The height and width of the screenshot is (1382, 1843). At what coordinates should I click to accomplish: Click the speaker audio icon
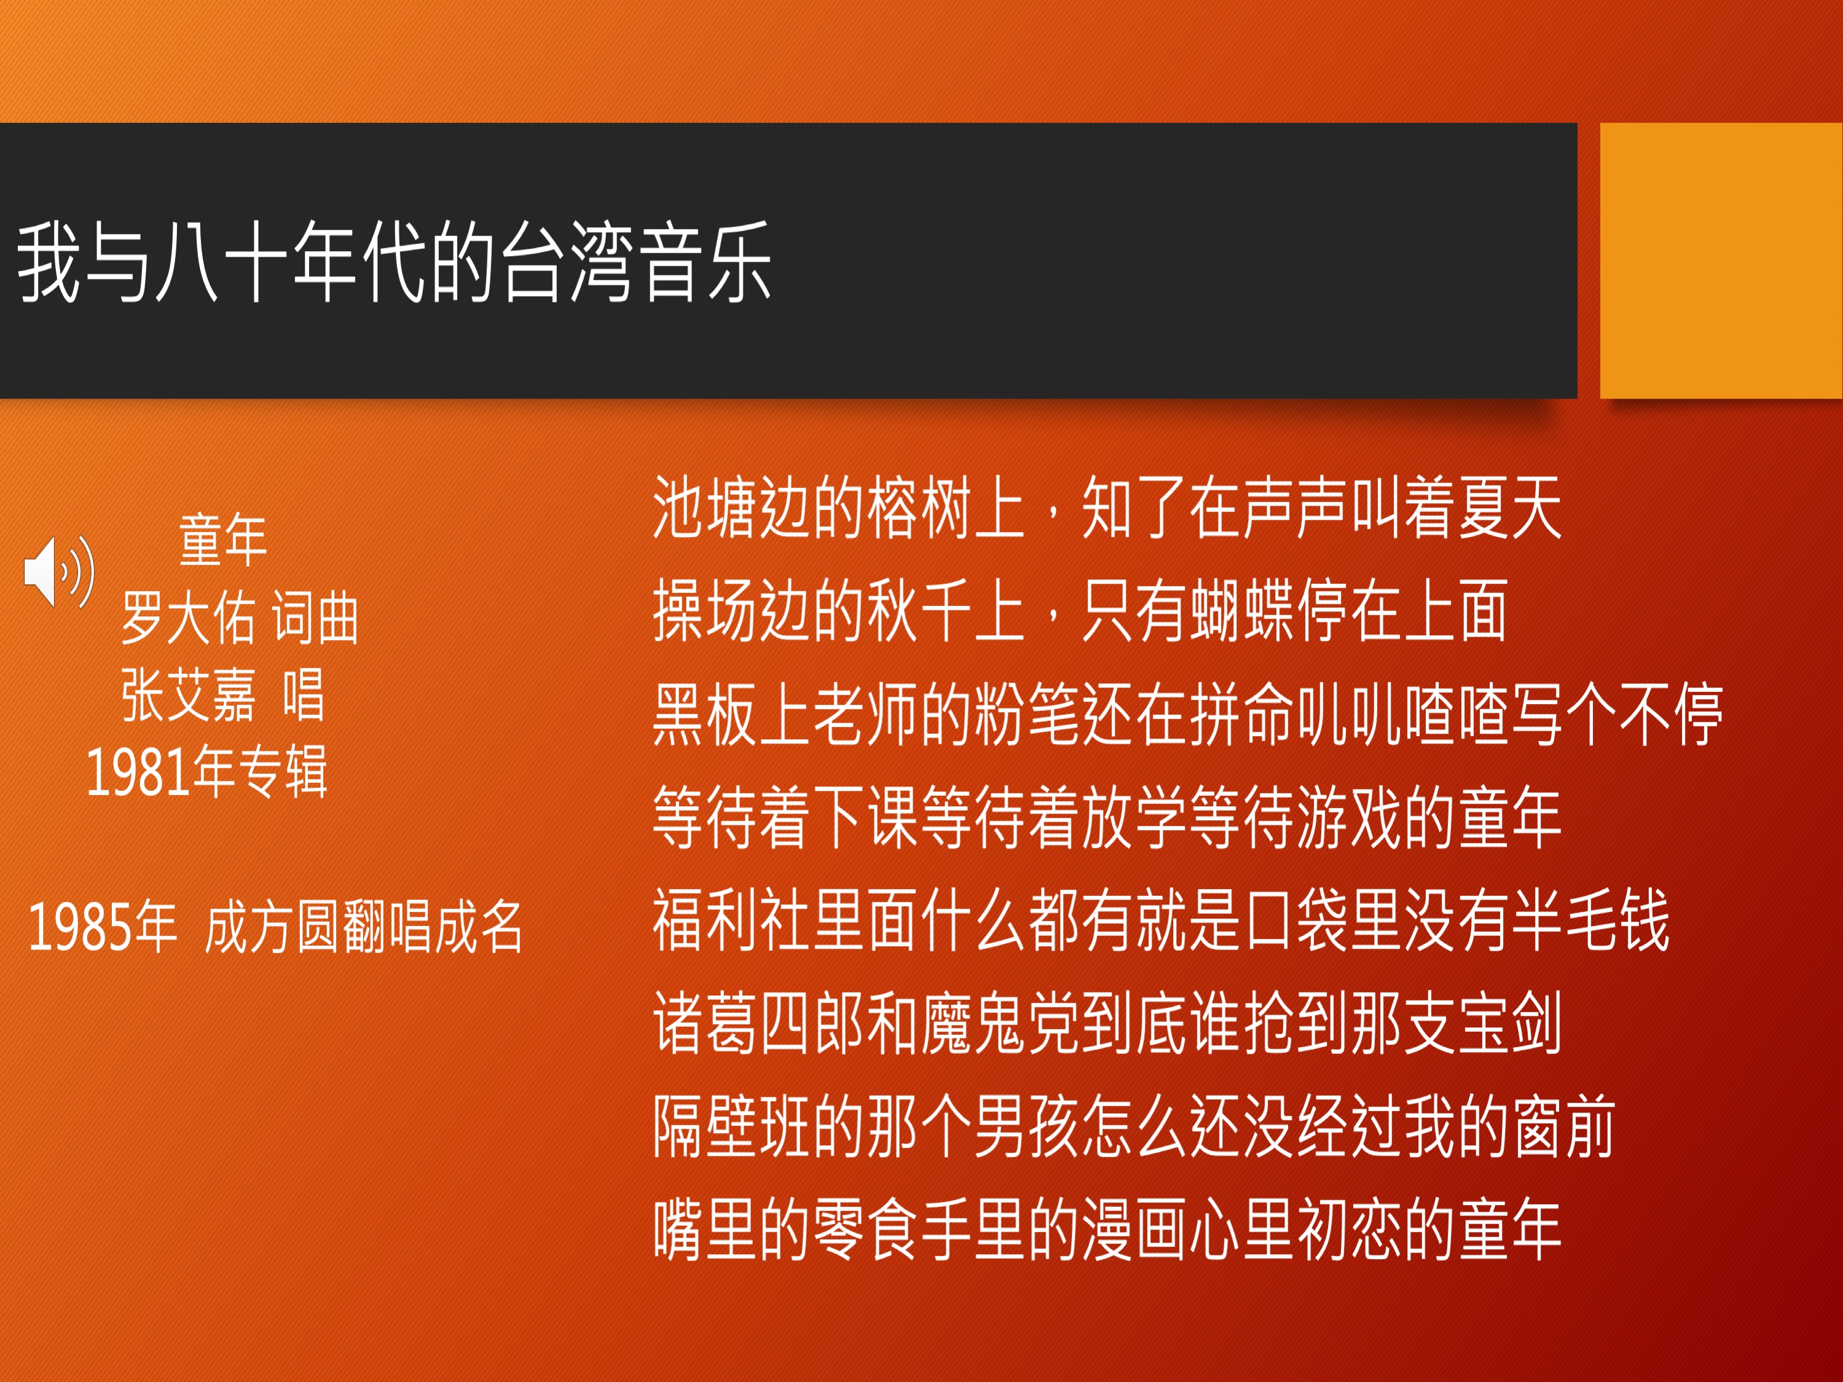(59, 572)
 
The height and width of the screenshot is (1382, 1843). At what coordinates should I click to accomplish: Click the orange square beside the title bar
(1721, 261)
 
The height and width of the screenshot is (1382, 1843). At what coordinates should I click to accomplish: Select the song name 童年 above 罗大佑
(222, 540)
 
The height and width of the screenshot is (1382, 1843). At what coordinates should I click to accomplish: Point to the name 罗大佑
(188, 618)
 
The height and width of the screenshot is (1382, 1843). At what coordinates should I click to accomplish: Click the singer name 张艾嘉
(188, 695)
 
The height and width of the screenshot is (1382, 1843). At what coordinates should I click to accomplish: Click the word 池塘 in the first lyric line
(705, 508)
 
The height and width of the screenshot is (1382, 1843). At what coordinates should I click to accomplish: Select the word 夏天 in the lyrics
(1507, 508)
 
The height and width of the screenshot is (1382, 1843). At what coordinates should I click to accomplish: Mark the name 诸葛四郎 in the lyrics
(758, 1024)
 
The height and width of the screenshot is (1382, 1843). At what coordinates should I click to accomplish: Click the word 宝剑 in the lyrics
(1507, 1024)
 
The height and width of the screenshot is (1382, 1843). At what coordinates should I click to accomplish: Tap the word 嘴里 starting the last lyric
(705, 1230)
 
